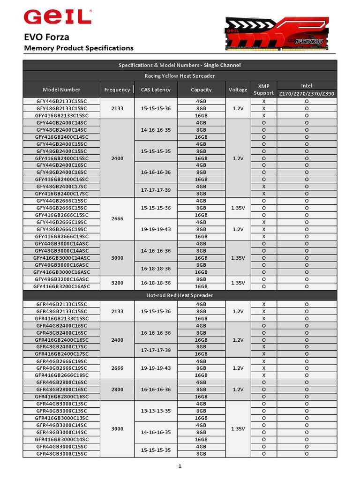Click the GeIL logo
tap(58, 17)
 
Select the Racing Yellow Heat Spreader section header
tap(180, 75)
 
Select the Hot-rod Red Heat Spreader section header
tap(180, 295)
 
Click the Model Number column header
tap(61, 90)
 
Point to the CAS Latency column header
tap(156, 90)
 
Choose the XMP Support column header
tap(263, 90)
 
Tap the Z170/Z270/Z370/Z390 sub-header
tap(307, 94)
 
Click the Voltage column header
tap(238, 90)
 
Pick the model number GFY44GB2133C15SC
tap(61, 101)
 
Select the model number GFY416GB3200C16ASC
tap(61, 286)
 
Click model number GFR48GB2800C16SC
tap(61, 390)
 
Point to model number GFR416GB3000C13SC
tap(61, 418)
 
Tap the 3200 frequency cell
tap(117, 283)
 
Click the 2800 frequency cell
tap(117, 390)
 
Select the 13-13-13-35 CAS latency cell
tap(156, 411)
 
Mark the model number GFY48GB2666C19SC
tap(61, 229)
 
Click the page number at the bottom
tap(180, 466)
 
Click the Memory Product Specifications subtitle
tap(79, 48)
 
